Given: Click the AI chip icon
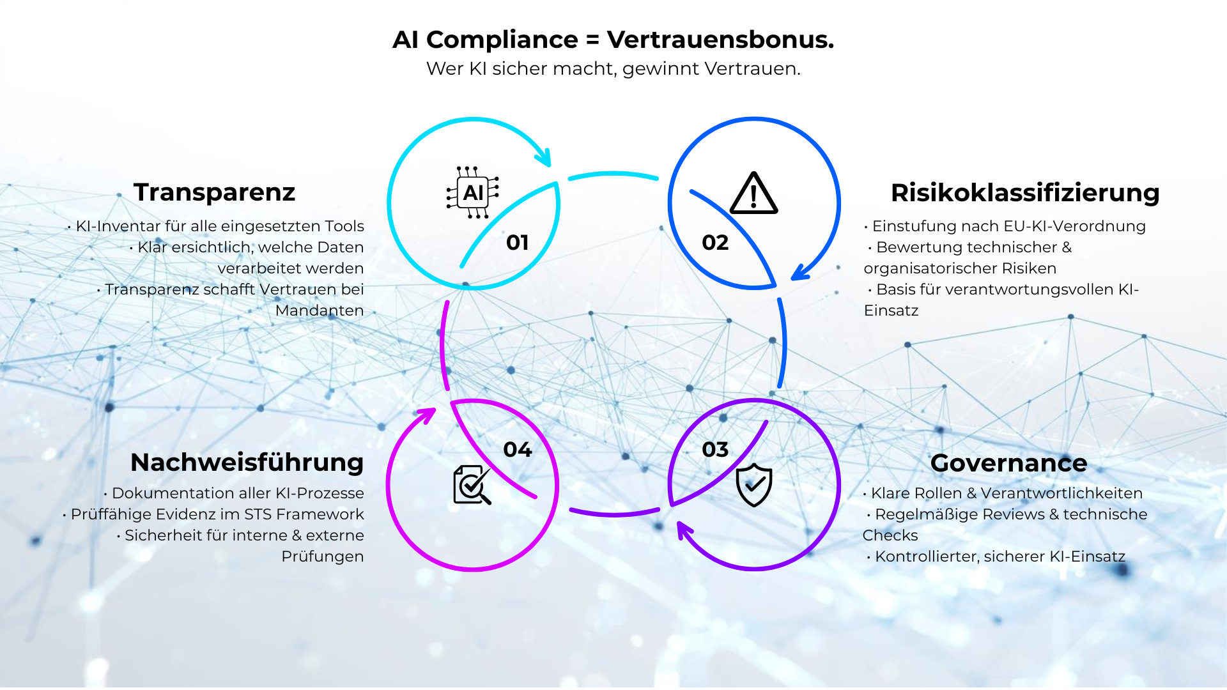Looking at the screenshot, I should coord(473,192).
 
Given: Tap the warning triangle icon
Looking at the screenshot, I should coord(753,194).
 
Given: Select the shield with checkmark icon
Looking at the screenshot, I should coord(754,484).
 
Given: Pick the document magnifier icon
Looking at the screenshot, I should coord(472,485).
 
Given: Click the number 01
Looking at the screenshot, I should coord(517,243).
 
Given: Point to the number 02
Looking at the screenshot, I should coord(715,243).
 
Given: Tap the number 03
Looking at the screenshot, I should coord(715,450).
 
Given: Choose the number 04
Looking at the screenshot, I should coord(518,450).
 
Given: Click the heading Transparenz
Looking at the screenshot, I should coord(214,192).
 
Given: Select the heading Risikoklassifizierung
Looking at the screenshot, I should coord(1025,193).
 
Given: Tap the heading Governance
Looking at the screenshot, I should coord(1008,463).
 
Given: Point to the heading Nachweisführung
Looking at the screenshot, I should coord(247,463).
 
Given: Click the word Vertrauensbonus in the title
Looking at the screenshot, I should coord(720,40).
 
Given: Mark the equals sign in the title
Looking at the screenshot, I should coord(592,40).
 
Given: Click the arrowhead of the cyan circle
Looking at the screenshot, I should coord(544,157).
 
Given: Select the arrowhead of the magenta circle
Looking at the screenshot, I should coord(427,415).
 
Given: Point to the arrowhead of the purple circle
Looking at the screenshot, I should coord(684,530).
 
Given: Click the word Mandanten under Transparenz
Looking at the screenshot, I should coord(320,310).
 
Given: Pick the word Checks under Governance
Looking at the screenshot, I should coord(890,535).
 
